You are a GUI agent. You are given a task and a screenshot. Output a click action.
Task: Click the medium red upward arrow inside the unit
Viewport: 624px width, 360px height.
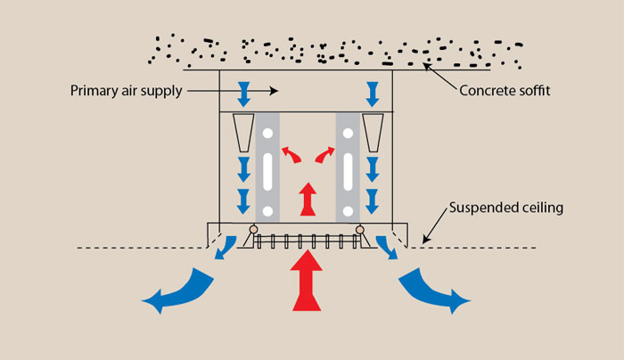pyautogui.click(x=307, y=199)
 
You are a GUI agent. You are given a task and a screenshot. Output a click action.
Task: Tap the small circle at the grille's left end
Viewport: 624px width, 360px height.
pyautogui.click(x=253, y=230)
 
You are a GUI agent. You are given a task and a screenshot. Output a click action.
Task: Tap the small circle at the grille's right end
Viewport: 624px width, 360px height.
pyautogui.click(x=360, y=230)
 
